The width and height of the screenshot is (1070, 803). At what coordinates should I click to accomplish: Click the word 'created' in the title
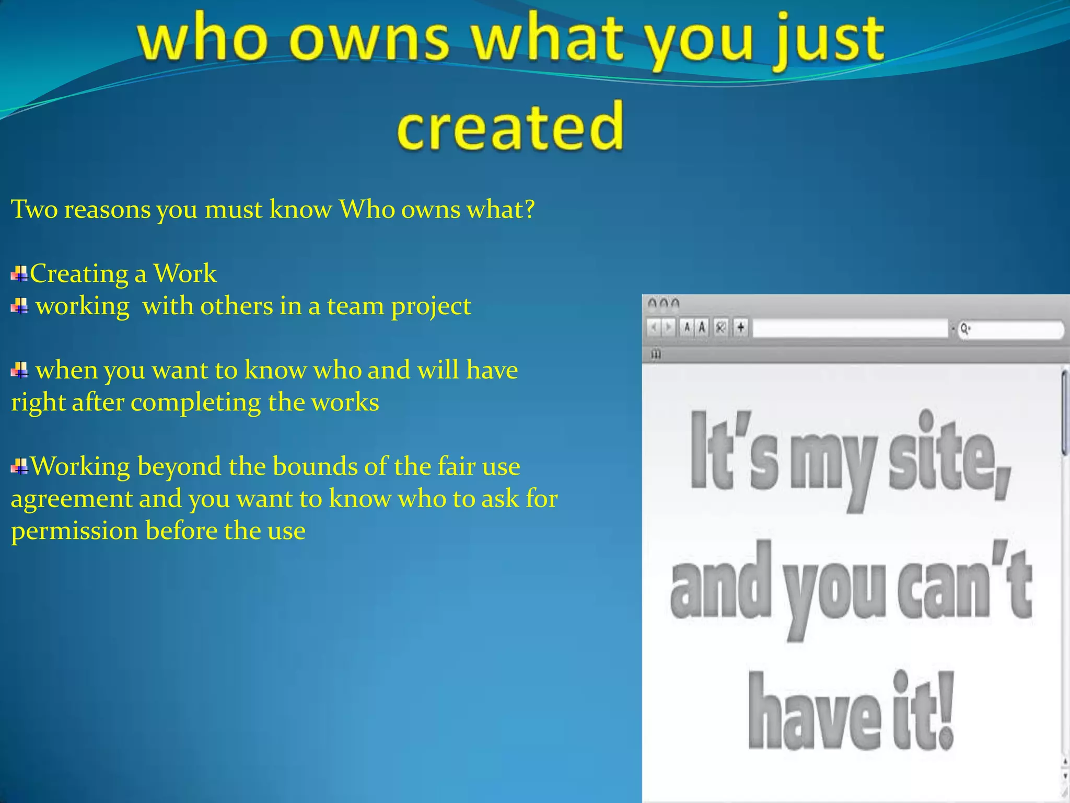[510, 127]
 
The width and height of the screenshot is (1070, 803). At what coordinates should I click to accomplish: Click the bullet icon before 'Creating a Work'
[20, 274]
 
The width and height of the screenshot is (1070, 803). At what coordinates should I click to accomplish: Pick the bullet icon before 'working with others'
[20, 306]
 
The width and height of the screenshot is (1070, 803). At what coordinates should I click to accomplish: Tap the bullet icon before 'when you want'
[20, 371]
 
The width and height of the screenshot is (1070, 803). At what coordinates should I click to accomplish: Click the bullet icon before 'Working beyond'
[20, 466]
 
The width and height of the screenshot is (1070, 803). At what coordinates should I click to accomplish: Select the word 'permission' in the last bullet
[74, 531]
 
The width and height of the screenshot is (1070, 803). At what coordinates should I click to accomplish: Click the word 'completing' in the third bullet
[195, 403]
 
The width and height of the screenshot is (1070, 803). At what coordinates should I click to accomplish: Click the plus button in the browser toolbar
[740, 328]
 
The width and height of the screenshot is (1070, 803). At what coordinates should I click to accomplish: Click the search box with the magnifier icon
[1011, 329]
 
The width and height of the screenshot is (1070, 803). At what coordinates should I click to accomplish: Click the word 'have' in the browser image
[815, 713]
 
